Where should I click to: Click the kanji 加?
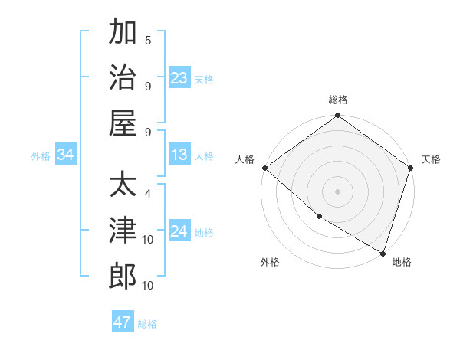pos(123,33)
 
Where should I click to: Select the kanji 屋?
pos(123,123)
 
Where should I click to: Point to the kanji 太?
pos(123,185)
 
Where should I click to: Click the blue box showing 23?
pos(179,78)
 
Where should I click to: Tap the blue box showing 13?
pos(179,155)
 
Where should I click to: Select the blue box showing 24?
pos(179,232)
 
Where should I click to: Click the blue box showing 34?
pos(66,155)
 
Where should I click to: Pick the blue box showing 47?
pos(123,322)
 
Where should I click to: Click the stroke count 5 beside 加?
pos(148,41)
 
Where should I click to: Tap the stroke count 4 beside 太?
pos(148,194)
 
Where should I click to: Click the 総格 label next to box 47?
pos(147,324)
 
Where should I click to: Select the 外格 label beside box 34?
pos(41,156)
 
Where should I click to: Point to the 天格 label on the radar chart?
pos(431,159)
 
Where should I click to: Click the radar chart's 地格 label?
pos(402,262)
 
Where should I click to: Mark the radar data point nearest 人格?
pos(264,168)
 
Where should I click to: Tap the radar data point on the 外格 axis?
pos(319,217)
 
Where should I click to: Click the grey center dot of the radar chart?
pos(337,191)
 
